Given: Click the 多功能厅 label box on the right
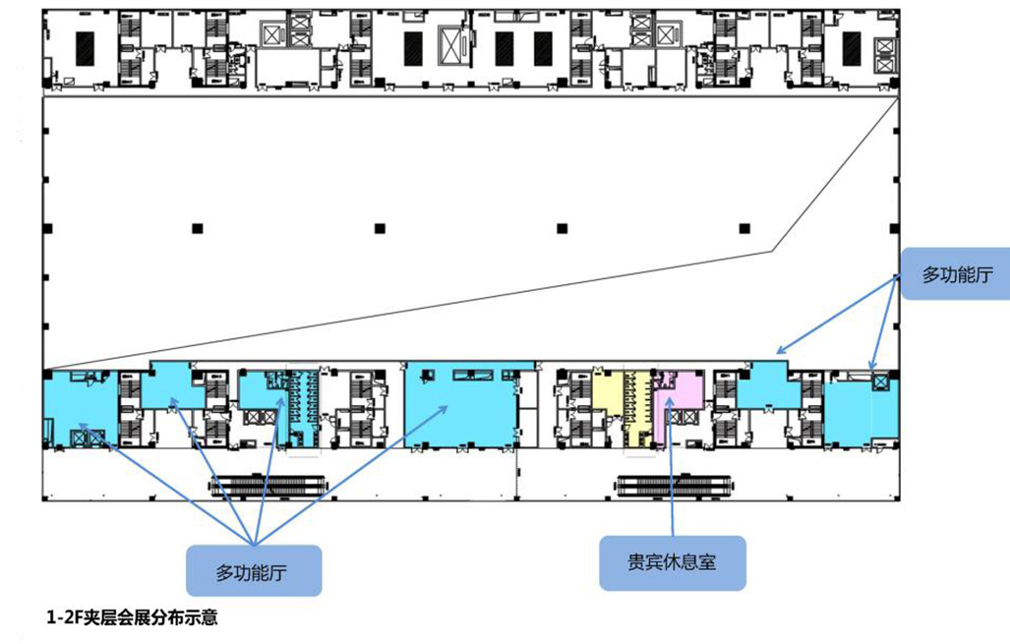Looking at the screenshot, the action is (956, 273).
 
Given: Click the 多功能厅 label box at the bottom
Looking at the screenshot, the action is (254, 570).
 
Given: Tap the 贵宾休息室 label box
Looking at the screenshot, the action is (673, 562).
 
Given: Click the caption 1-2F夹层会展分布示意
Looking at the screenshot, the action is (132, 617).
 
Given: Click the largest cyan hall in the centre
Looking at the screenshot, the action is (460, 406).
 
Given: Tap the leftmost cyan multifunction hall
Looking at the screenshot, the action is (81, 408).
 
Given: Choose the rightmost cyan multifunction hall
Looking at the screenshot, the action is (861, 411).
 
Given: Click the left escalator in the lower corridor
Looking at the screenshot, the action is (267, 485).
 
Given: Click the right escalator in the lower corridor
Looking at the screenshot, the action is (674, 485).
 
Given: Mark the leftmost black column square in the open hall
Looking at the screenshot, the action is (198, 229).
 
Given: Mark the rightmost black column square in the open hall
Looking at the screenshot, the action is (744, 229).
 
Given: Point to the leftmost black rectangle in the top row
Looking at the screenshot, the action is (85, 48).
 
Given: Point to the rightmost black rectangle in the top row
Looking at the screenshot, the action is (852, 48).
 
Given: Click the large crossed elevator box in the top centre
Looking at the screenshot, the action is (453, 45).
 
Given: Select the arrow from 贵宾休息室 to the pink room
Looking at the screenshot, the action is (671, 468).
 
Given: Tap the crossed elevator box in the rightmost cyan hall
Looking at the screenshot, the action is (880, 381).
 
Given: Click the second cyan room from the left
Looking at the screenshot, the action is (171, 385).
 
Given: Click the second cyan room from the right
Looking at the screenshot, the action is (766, 385).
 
